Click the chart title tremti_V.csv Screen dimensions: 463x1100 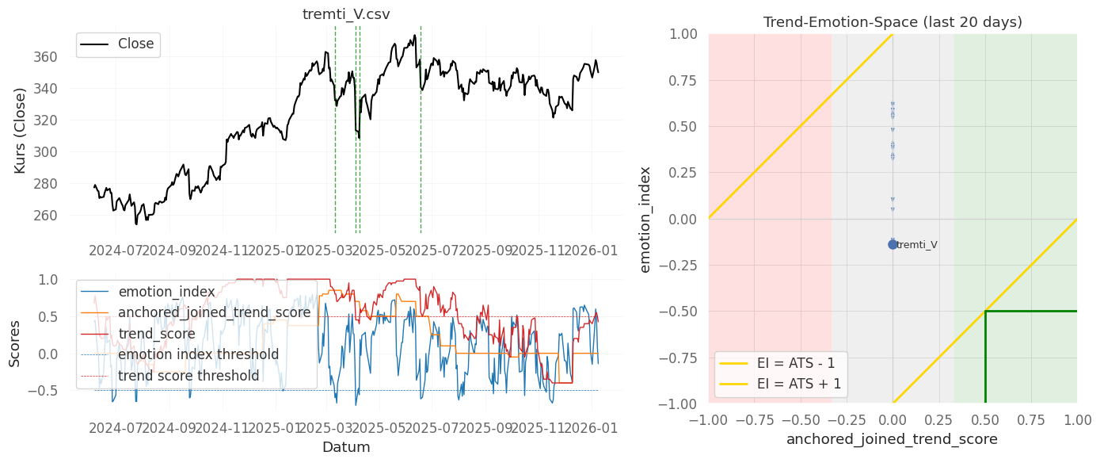(x=346, y=14)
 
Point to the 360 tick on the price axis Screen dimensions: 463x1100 (x=68, y=57)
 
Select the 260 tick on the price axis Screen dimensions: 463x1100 (x=68, y=216)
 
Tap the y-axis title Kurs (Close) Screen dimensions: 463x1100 (x=21, y=130)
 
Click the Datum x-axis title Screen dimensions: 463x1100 (x=346, y=447)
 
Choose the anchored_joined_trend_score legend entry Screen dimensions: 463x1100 (x=214, y=312)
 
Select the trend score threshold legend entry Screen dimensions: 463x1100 (x=188, y=375)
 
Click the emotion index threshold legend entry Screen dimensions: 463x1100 (x=198, y=354)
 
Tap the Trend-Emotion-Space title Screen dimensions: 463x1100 (x=893, y=22)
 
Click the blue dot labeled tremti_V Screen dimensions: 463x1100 (x=893, y=244)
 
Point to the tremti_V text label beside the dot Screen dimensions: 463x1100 (x=917, y=245)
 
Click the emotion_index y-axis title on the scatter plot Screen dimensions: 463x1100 (x=645, y=219)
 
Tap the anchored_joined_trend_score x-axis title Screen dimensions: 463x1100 (x=893, y=438)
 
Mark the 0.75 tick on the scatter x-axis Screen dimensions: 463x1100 (x=1030, y=419)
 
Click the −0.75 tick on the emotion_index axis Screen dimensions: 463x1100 (x=681, y=358)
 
